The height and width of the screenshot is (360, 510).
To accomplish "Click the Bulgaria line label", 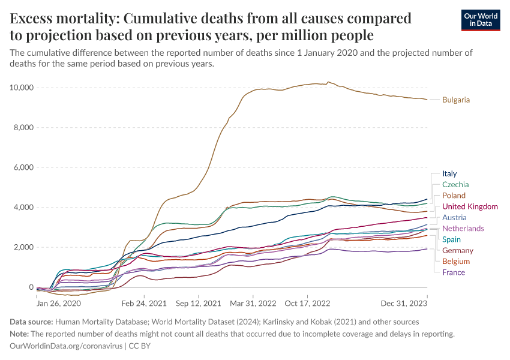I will tap(455, 100).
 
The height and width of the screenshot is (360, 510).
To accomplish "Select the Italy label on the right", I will tap(449, 174).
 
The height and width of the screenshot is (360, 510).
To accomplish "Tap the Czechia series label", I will tap(455, 185).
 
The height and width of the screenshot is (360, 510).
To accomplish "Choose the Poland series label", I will tap(454, 196).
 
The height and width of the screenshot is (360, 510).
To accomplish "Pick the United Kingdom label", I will tap(470, 206).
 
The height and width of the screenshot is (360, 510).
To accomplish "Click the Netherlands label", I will tap(463, 229).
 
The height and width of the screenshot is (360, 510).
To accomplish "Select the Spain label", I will tap(452, 239).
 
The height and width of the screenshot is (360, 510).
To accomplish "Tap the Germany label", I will tap(458, 250).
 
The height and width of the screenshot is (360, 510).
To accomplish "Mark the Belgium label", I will tap(455, 262).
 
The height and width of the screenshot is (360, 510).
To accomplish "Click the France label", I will tap(454, 272).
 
